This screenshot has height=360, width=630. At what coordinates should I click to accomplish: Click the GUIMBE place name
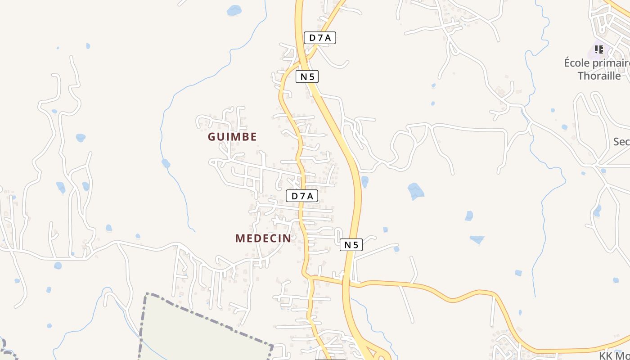pyautogui.click(x=232, y=137)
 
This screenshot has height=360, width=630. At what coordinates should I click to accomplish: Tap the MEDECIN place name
pyautogui.click(x=263, y=238)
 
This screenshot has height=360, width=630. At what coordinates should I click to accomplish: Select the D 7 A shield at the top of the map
pyautogui.click(x=320, y=38)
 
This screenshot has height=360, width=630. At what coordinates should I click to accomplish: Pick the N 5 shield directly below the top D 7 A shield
pyautogui.click(x=307, y=76)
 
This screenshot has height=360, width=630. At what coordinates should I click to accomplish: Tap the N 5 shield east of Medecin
pyautogui.click(x=351, y=245)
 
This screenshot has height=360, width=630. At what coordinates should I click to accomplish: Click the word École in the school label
pyautogui.click(x=577, y=63)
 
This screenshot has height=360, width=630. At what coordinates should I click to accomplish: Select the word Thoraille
pyautogui.click(x=599, y=76)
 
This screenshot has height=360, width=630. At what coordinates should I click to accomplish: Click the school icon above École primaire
pyautogui.click(x=599, y=49)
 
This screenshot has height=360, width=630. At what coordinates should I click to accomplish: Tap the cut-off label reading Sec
pyautogui.click(x=621, y=142)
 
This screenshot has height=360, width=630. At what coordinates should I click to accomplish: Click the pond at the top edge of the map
pyautogui.click(x=234, y=10)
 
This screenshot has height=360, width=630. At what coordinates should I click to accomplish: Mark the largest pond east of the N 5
pyautogui.click(x=416, y=191)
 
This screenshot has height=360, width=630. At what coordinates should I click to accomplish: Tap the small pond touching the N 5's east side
pyautogui.click(x=364, y=181)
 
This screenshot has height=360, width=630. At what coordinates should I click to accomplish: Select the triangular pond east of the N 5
pyautogui.click(x=477, y=239)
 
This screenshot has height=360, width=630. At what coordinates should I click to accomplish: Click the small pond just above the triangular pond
pyautogui.click(x=469, y=216)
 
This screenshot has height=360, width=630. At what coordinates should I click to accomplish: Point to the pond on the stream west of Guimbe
pyautogui.click(x=166, y=163)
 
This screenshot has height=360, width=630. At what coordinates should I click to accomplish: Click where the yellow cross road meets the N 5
pyautogui.click(x=347, y=283)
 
